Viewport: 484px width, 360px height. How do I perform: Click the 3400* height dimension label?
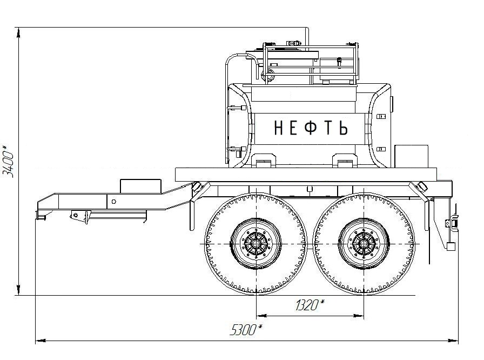[x=8, y=161]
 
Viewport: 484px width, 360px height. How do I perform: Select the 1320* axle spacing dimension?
[x=310, y=305]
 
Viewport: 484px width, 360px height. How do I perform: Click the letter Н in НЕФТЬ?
[x=278, y=128]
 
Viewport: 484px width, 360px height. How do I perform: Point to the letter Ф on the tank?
[x=311, y=128]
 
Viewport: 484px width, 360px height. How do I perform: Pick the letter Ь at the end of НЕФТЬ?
[x=343, y=128]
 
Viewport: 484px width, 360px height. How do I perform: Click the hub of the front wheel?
[x=256, y=244]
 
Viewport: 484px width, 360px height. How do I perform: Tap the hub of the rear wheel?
[x=364, y=244]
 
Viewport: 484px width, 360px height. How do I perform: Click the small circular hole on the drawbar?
[x=113, y=202]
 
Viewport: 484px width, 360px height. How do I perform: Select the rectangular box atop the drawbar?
[x=140, y=186]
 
